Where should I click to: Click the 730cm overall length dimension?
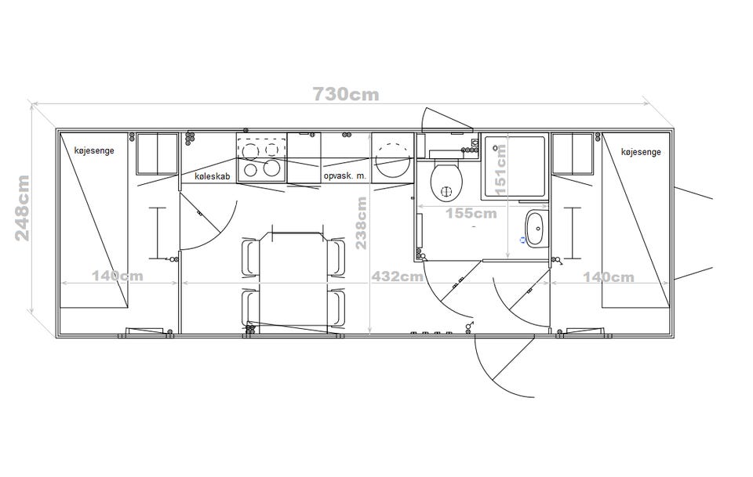(346, 95)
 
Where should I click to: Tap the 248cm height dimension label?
(23, 208)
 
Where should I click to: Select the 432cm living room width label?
(397, 276)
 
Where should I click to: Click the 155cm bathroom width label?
(471, 213)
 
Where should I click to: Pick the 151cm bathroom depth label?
(500, 170)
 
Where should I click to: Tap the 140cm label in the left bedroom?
(118, 276)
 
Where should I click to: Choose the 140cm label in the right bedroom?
(609, 277)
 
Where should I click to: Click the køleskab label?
(213, 176)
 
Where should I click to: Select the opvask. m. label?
(345, 176)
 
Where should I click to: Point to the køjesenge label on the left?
(95, 150)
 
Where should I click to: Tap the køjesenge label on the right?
(641, 152)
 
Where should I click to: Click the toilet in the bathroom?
(446, 180)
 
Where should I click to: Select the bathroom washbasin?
(537, 229)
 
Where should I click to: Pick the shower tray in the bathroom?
(515, 166)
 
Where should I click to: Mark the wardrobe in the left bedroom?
(157, 154)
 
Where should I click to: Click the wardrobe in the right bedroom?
(573, 154)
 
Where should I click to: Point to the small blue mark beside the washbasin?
(523, 240)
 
